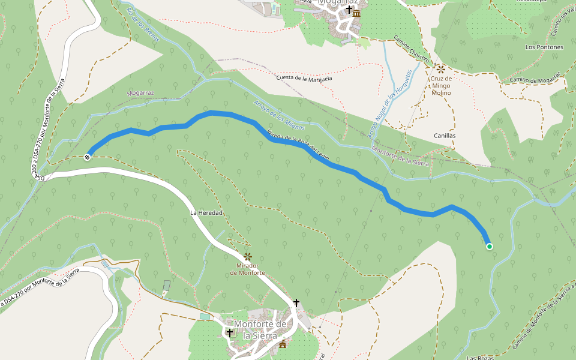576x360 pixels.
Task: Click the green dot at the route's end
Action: pos(489,247)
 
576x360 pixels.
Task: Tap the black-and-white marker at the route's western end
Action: pos(88,157)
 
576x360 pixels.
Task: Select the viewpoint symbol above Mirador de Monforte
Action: pos(248,256)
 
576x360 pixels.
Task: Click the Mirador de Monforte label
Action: pos(248,269)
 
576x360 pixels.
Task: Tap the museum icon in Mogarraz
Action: pos(356,13)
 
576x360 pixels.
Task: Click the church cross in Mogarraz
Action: pos(349,9)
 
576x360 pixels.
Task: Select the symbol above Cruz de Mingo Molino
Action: pos(441,68)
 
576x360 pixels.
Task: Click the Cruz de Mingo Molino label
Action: pos(441,86)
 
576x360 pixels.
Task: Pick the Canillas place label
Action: pos(445,136)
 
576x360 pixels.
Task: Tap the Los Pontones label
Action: pos(544,47)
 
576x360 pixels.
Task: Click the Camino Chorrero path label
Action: pos(412,50)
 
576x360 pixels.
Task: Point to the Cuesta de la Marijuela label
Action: pos(304,78)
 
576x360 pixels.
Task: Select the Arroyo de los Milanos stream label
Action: pos(280,115)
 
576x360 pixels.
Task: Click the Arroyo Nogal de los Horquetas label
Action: pos(391,101)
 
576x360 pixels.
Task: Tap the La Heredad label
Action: pos(206,213)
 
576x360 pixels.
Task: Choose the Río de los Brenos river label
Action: pos(143,23)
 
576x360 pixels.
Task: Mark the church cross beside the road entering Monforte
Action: pos(295,303)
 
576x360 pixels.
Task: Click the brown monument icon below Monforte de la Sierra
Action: pos(283,343)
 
